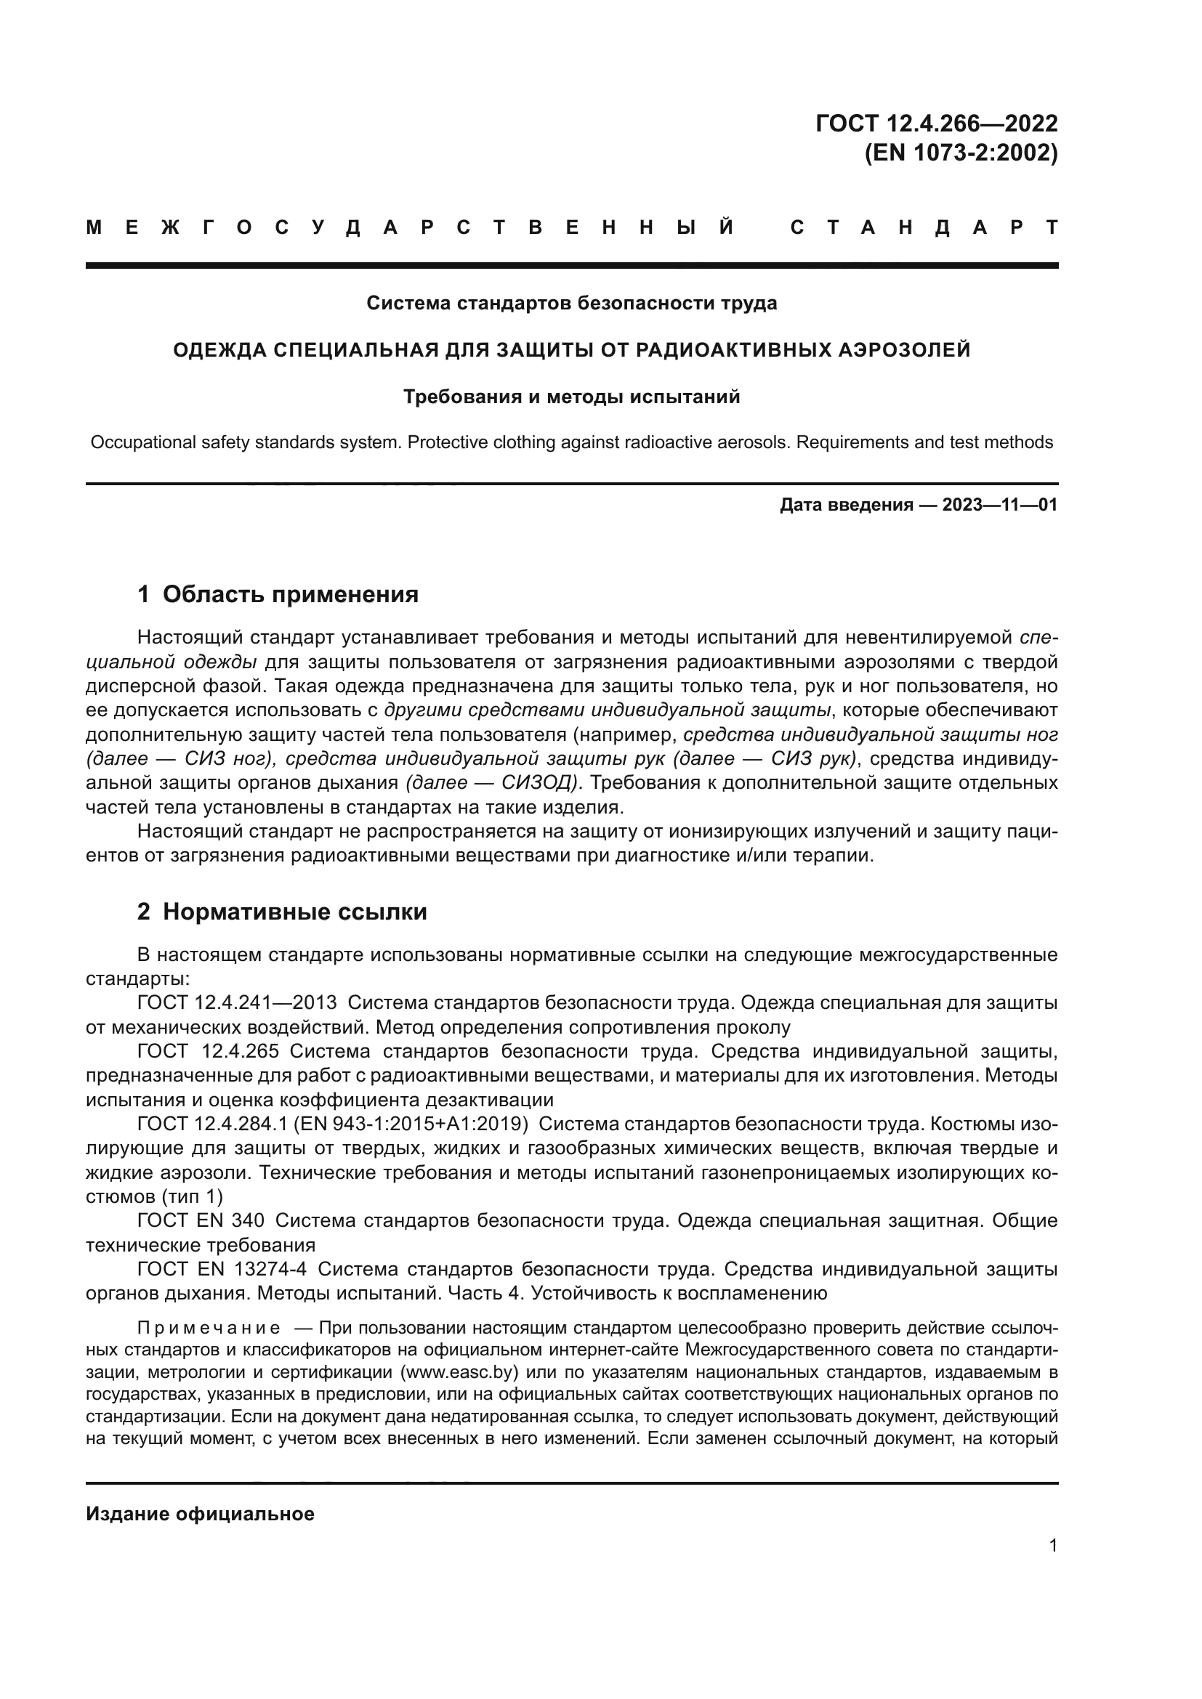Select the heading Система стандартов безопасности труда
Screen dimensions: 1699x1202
tap(571, 304)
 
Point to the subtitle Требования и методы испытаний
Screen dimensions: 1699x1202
tap(571, 397)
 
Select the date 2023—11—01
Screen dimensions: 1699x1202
tap(1000, 506)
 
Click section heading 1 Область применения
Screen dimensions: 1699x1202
tap(278, 594)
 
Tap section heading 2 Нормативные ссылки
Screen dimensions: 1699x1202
tap(282, 912)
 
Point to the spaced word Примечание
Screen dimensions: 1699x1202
tap(208, 1328)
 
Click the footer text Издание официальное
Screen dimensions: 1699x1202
tap(200, 1514)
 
